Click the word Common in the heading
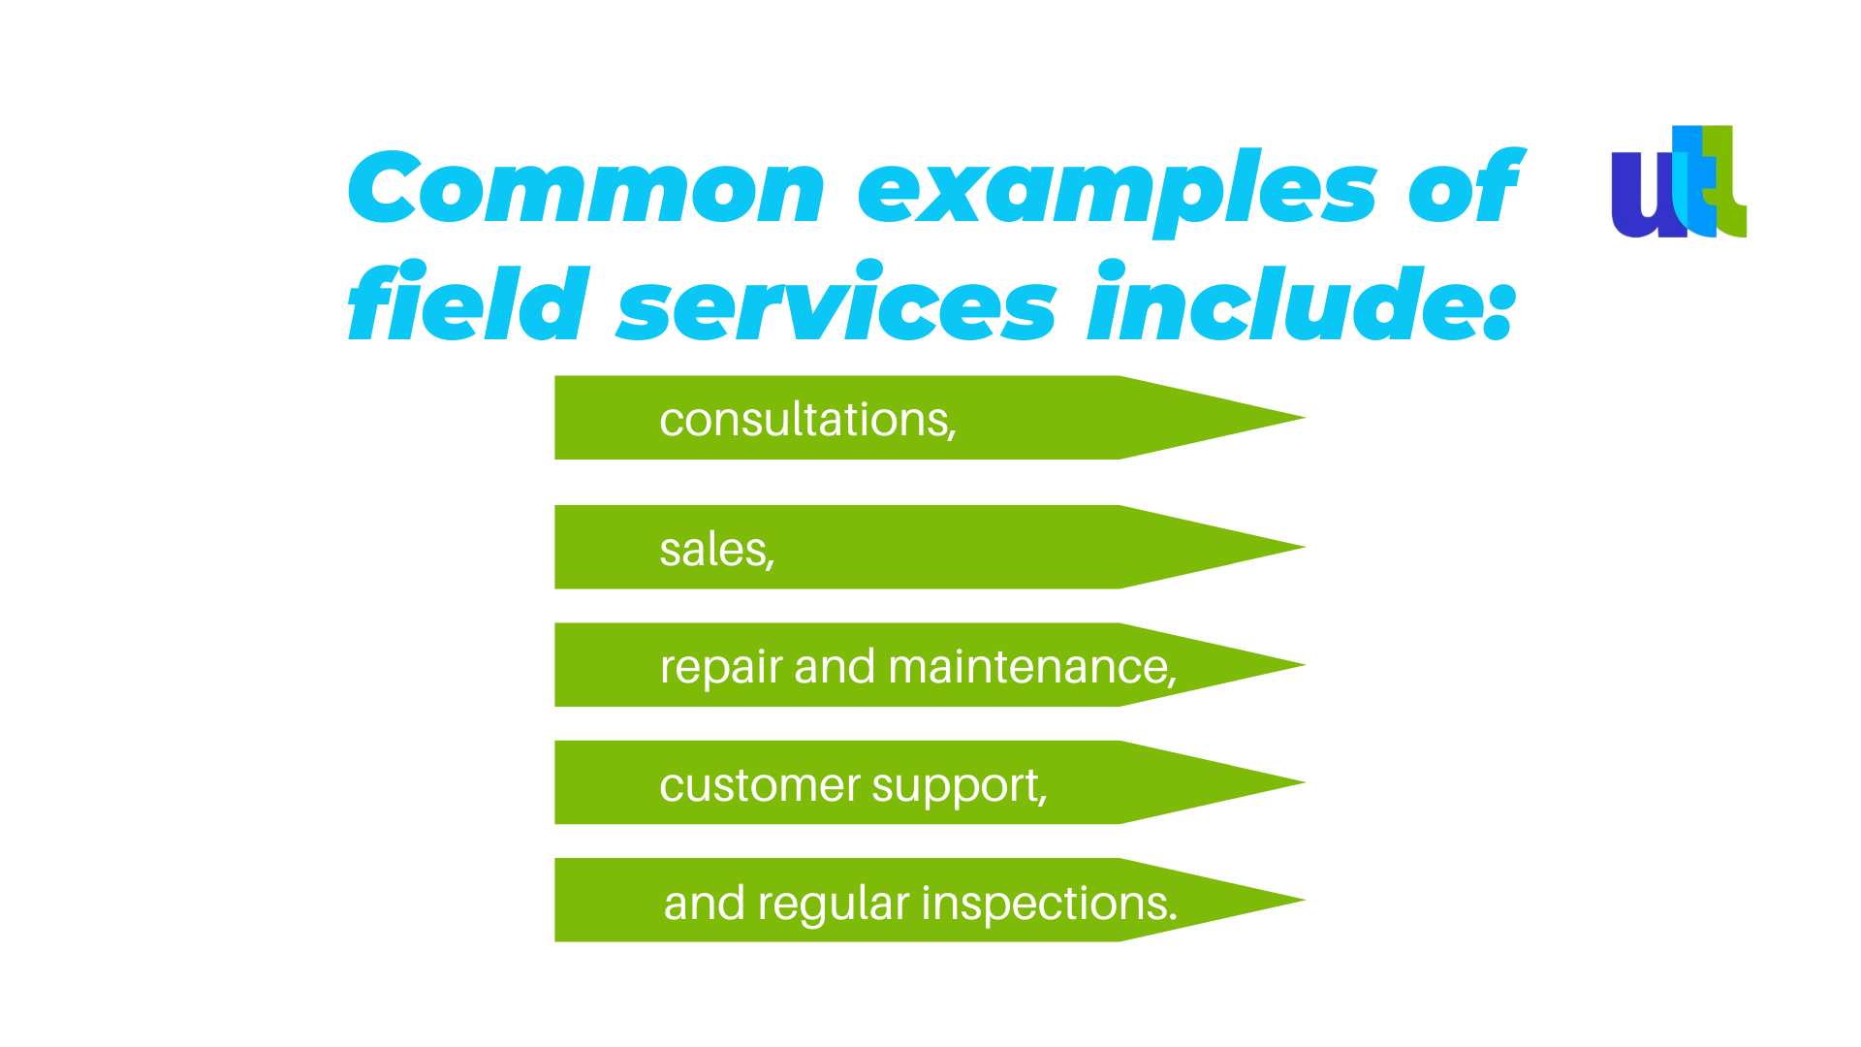[x=586, y=188]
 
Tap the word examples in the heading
[x=1118, y=193]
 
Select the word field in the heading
[x=468, y=301]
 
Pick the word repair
[x=721, y=669]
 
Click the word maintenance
[x=1031, y=667]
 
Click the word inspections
[x=1049, y=904]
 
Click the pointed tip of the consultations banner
[x=1305, y=418]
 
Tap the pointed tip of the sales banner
[x=1305, y=547]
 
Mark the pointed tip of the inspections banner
[x=1305, y=901]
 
